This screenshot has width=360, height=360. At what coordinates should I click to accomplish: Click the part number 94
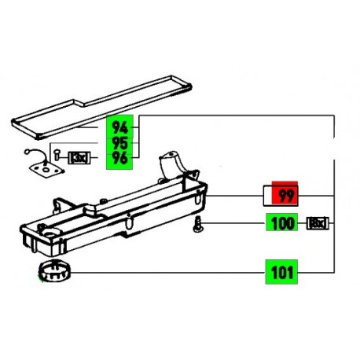[x=120, y=127]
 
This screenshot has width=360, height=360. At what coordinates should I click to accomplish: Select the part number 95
[x=120, y=144]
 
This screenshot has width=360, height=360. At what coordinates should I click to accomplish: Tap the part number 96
[x=120, y=160]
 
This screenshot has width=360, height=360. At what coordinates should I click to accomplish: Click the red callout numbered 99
[x=285, y=195]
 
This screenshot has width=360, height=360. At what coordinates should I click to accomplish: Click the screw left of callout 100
[x=199, y=227]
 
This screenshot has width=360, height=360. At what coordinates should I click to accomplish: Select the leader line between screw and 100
[x=236, y=224]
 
